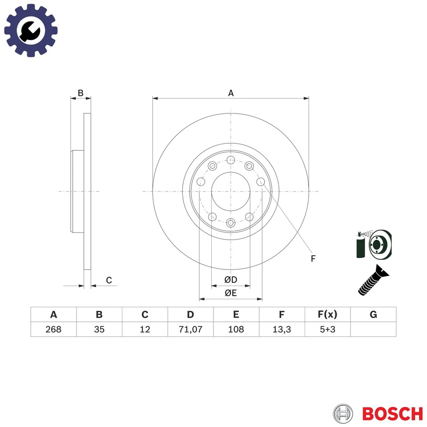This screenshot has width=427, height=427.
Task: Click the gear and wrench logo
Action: click(x=31, y=30)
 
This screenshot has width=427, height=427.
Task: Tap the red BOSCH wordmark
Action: click(x=392, y=414)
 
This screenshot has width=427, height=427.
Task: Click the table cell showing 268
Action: click(x=53, y=330)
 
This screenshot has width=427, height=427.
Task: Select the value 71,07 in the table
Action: click(x=190, y=330)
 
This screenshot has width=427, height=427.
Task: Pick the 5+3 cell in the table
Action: click(x=327, y=330)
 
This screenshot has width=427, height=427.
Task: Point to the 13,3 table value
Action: click(x=282, y=330)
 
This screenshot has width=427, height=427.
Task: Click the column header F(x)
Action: click(x=327, y=314)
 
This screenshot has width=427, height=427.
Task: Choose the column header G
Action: click(x=373, y=314)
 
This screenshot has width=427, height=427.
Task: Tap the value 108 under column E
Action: click(x=236, y=330)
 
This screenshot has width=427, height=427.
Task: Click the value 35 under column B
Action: click(x=99, y=330)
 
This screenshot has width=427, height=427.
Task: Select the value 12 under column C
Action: click(x=145, y=330)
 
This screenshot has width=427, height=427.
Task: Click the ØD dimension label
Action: click(x=230, y=279)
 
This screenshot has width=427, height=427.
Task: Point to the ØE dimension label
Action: click(x=230, y=293)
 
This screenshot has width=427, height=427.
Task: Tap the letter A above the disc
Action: click(x=231, y=93)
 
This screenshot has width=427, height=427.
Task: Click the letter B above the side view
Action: click(x=81, y=93)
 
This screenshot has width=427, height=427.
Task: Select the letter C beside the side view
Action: click(x=109, y=280)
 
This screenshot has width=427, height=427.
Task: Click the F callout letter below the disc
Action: click(x=313, y=258)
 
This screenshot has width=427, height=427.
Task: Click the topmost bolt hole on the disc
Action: click(x=230, y=160)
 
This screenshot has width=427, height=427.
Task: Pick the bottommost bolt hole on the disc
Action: click(x=230, y=222)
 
